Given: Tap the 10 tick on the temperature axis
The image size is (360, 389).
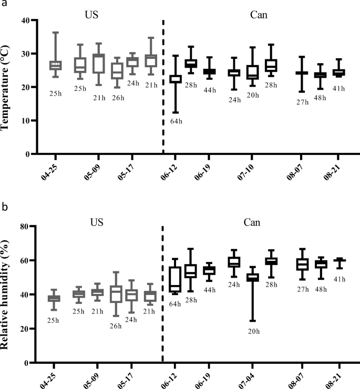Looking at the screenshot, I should (x=25, y=121).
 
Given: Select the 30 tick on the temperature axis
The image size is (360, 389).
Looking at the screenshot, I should (x=25, y=54).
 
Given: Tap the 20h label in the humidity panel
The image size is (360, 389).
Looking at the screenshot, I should (x=253, y=332).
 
